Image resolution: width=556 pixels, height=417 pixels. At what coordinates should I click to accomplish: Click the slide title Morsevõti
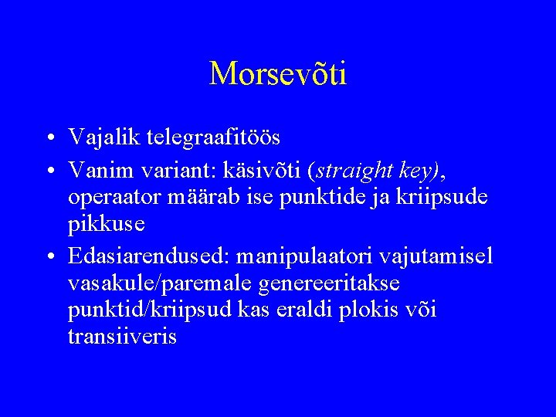click(x=278, y=73)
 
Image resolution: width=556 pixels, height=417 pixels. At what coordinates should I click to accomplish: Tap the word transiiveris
click(x=122, y=337)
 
